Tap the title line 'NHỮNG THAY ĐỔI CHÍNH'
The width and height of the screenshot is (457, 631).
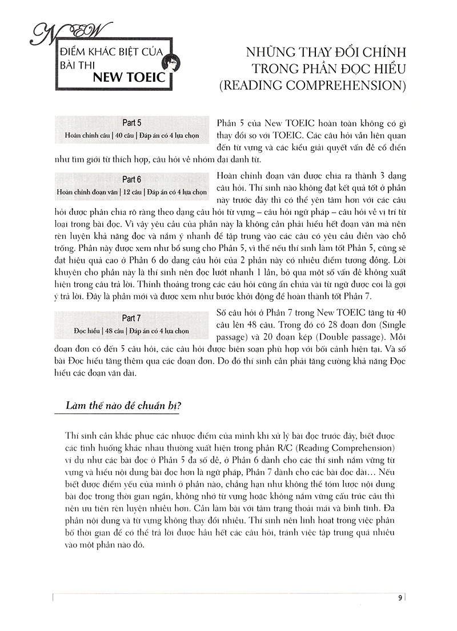(x=324, y=53)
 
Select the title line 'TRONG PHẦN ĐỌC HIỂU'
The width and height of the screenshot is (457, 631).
(x=324, y=70)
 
